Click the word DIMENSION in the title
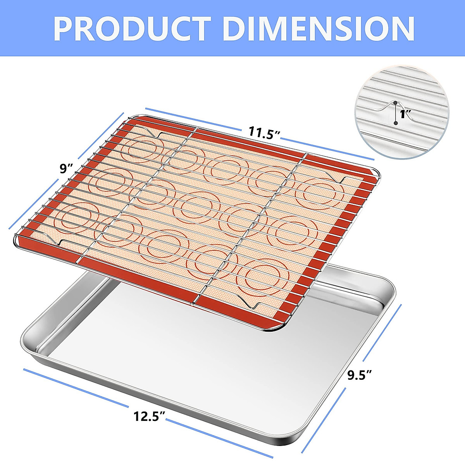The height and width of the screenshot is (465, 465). (319, 28)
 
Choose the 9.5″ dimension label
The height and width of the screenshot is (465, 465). (360, 375)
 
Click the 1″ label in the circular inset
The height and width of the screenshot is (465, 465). (405, 114)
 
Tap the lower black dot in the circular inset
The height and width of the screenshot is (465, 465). (395, 123)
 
